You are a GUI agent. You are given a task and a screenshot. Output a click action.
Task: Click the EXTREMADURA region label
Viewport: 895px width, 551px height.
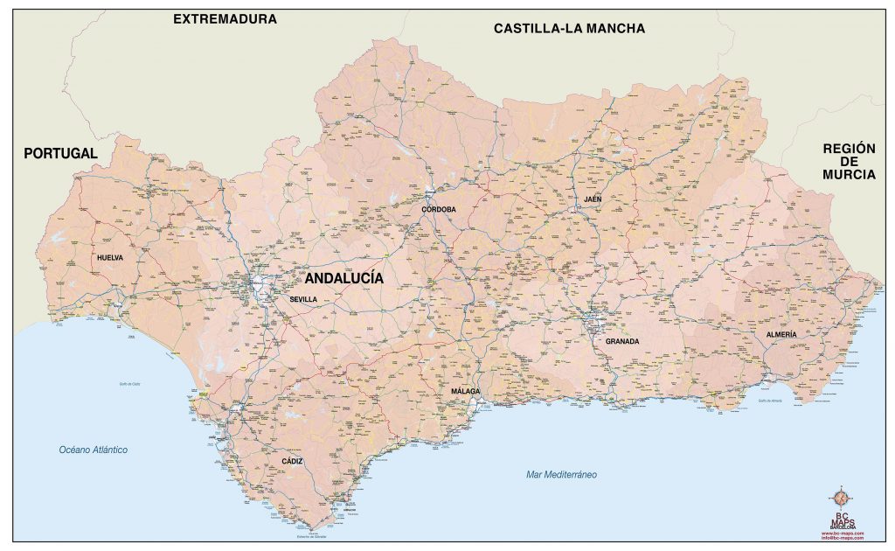225,18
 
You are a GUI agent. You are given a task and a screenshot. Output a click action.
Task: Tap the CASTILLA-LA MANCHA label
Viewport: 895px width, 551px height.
569,28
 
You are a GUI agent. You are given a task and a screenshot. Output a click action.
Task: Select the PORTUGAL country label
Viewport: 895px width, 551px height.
60,153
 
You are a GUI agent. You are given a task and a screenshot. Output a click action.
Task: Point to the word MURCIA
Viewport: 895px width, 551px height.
848,175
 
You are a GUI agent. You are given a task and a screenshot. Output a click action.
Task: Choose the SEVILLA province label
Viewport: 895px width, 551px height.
303,299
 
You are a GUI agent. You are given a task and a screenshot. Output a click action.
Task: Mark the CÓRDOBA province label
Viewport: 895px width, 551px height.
438,210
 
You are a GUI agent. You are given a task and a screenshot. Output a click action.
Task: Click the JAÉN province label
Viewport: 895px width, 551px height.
593,199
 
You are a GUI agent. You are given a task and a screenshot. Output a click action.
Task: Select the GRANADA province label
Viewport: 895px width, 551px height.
622,341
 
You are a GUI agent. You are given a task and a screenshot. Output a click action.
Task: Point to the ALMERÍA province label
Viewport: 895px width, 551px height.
781,335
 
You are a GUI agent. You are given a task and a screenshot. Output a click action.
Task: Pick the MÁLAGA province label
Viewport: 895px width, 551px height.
466,392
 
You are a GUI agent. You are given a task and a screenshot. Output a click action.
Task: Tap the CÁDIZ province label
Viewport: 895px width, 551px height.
293,460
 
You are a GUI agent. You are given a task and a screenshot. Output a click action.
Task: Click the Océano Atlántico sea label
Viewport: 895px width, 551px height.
94,450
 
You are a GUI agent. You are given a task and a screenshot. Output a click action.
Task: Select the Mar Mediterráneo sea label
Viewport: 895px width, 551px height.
561,474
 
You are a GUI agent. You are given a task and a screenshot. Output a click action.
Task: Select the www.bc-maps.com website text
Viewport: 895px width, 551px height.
843,533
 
